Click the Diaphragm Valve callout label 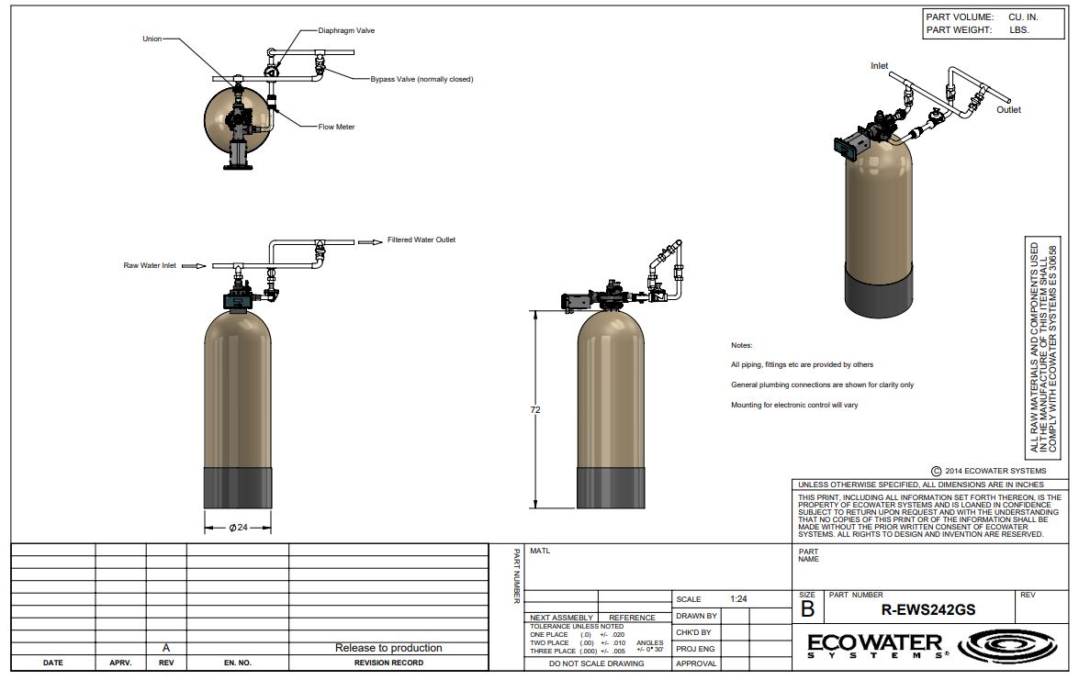click(x=346, y=31)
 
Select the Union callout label click(x=152, y=39)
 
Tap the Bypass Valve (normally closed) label click(x=421, y=79)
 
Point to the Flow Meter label click(x=336, y=128)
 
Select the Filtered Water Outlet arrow click(x=370, y=242)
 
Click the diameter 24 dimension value click(x=238, y=528)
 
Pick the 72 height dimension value click(x=535, y=410)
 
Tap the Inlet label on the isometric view click(x=880, y=66)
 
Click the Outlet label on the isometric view click(x=1009, y=110)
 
